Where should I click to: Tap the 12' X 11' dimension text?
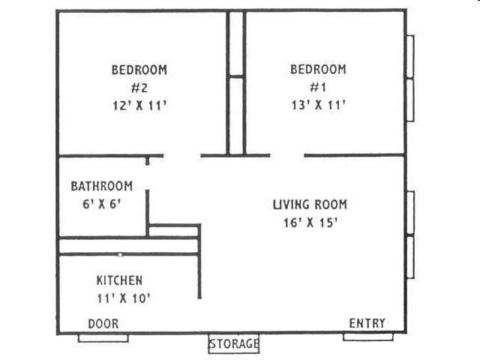[x=139, y=106]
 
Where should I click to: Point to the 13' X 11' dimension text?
[x=318, y=106]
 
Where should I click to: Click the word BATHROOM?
[x=102, y=186]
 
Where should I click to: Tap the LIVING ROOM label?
[x=310, y=205]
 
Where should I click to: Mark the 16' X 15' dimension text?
[x=310, y=222]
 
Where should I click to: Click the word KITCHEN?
[x=119, y=280]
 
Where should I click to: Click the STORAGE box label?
[x=233, y=344]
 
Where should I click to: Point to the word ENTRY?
[x=367, y=323]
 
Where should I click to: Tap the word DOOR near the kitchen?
[x=103, y=323]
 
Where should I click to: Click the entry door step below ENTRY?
[x=368, y=337]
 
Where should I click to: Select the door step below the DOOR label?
[x=103, y=338]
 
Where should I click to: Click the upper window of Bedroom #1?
[x=410, y=56]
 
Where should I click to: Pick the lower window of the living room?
[x=410, y=256]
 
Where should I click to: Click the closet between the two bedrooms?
[x=236, y=82]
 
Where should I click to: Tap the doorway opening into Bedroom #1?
[x=286, y=156]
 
